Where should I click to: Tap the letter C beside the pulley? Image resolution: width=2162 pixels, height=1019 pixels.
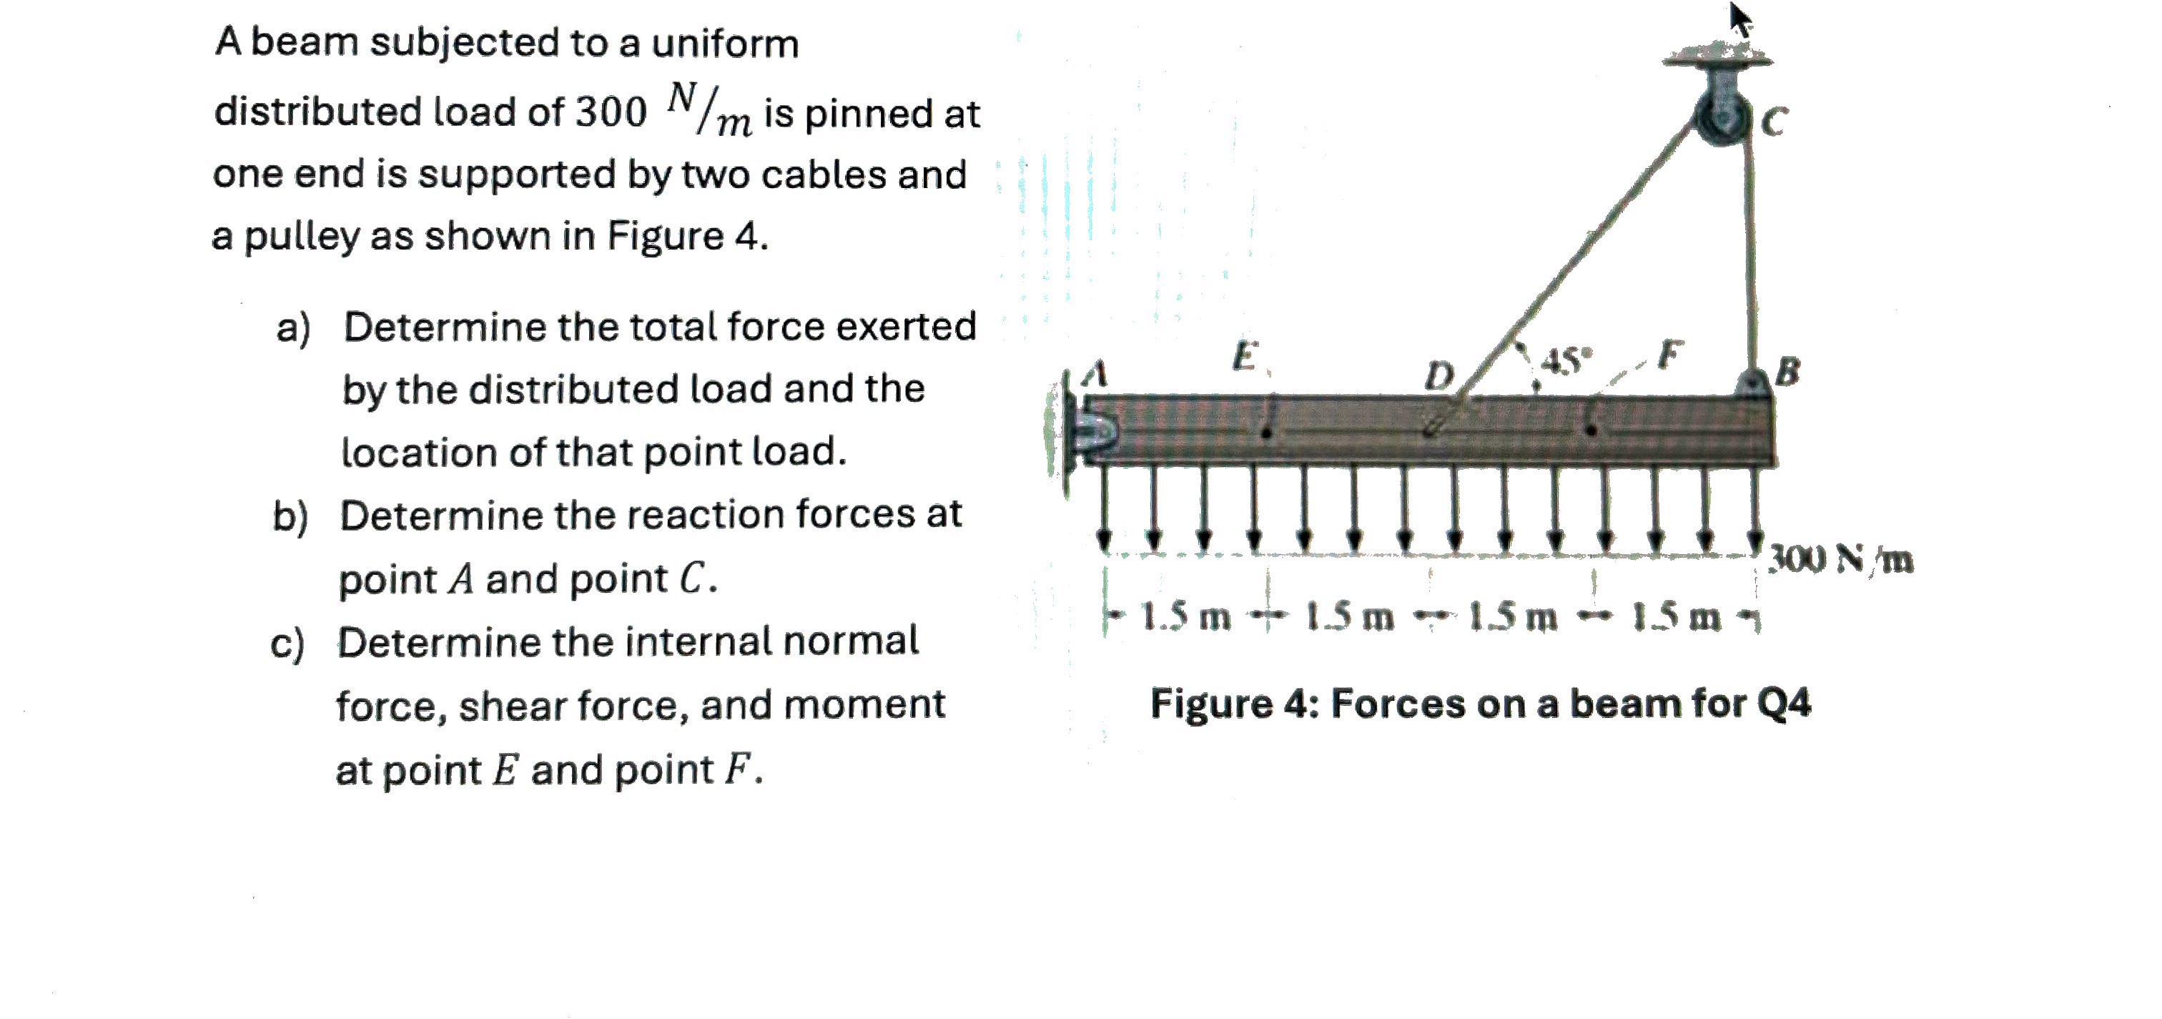1773,122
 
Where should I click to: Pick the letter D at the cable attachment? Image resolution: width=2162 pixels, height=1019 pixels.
1440,376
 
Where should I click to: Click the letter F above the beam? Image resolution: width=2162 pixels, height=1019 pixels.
1670,355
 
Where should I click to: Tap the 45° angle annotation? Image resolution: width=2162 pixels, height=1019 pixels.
1566,361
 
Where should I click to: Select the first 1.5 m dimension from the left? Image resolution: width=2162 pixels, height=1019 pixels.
1185,619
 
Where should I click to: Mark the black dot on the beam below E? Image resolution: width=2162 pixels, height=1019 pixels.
1268,433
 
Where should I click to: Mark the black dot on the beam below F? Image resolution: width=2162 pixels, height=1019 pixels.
1591,430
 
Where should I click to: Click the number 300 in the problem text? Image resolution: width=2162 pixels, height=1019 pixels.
610,112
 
